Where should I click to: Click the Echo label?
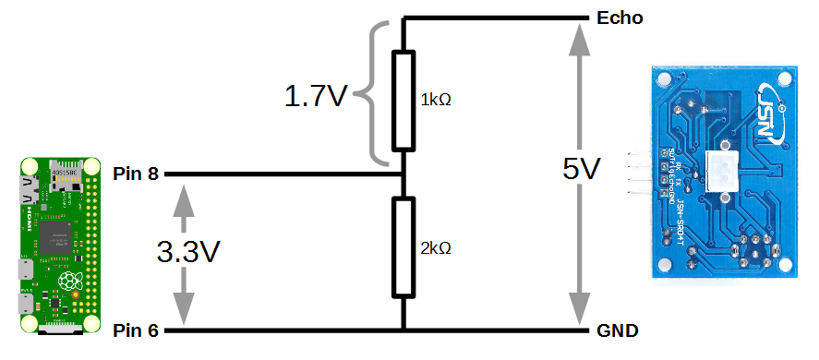(620, 18)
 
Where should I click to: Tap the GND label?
(619, 330)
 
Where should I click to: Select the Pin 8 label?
(136, 174)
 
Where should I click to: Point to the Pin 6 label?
(136, 330)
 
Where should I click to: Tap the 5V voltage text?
(582, 170)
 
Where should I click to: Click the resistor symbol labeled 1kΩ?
(403, 100)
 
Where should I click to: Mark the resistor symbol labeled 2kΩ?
(403, 247)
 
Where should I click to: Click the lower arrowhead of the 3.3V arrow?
(186, 308)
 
